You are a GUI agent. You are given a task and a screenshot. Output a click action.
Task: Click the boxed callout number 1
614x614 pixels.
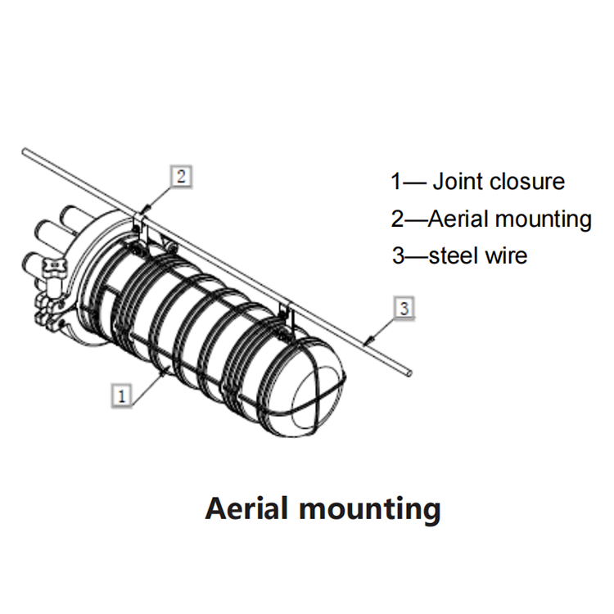(121, 396)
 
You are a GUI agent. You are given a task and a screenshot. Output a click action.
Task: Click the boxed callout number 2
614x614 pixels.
(181, 177)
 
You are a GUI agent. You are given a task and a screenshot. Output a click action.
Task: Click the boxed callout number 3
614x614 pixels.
(404, 309)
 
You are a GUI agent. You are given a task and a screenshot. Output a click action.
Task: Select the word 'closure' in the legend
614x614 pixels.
(526, 182)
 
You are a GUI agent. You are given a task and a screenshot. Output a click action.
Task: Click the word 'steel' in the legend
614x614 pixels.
(454, 255)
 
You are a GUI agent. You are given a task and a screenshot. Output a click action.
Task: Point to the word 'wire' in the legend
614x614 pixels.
(506, 255)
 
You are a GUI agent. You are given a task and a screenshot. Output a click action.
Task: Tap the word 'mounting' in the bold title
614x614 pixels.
(370, 510)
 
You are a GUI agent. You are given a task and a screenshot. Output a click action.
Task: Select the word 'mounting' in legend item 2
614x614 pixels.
(544, 220)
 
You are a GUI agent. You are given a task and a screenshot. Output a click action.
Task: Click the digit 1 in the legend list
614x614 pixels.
(397, 182)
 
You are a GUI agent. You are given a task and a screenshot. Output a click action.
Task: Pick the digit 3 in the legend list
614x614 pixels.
(398, 255)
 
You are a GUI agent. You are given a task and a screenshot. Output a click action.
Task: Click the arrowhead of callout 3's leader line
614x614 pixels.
(366, 342)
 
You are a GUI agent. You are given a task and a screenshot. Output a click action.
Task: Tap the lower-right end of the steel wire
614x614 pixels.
(409, 373)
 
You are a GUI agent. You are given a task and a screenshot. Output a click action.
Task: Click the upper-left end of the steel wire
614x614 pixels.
(25, 151)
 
